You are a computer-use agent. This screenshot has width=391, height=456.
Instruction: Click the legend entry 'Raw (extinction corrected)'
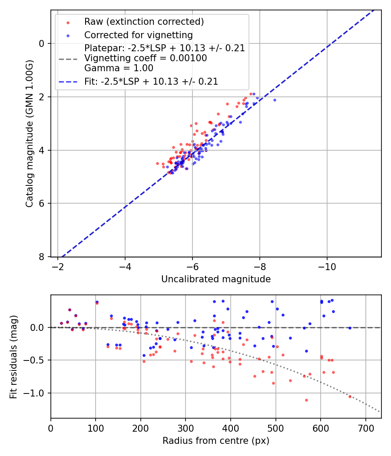[144, 22]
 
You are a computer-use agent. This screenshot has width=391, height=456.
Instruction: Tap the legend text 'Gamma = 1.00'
[119, 68]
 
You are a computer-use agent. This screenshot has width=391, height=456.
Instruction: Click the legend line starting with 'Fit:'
[151, 81]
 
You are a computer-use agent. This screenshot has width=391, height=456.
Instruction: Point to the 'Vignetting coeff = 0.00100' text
[146, 58]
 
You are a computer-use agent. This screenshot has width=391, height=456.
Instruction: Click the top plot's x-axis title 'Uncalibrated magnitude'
[216, 279]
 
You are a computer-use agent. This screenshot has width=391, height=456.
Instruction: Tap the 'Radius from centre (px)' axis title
[216, 441]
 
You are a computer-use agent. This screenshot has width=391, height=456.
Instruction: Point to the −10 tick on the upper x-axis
[327, 267]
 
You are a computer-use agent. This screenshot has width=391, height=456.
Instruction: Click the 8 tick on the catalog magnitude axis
[42, 257]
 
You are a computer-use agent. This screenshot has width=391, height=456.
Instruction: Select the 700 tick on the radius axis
[365, 428]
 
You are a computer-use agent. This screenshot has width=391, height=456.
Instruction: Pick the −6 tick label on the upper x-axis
[192, 267]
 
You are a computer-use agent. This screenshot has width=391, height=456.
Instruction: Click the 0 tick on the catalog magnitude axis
[42, 43]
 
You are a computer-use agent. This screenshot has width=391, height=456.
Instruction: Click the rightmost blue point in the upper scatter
[275, 100]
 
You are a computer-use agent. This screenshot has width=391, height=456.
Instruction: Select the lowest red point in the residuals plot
[306, 400]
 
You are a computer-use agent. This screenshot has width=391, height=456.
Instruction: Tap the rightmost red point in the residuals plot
[350, 397]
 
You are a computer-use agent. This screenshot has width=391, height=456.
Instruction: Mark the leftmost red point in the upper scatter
[157, 163]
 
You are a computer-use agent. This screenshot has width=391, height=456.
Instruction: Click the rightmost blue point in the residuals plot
[350, 328]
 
